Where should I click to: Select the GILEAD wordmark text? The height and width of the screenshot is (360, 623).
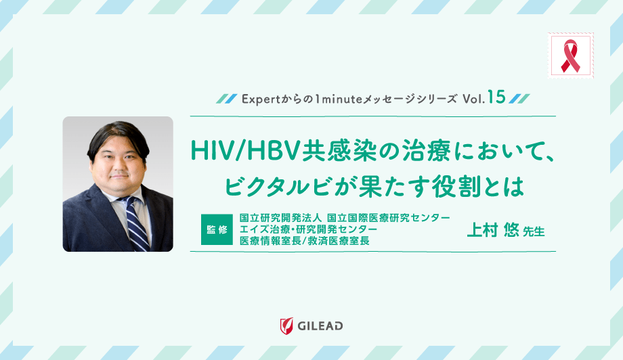pyautogui.click(x=320, y=326)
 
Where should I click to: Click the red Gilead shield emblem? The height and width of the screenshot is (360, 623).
pyautogui.click(x=286, y=325)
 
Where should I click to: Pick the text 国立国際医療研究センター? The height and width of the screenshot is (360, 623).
pyautogui.click(x=388, y=218)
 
